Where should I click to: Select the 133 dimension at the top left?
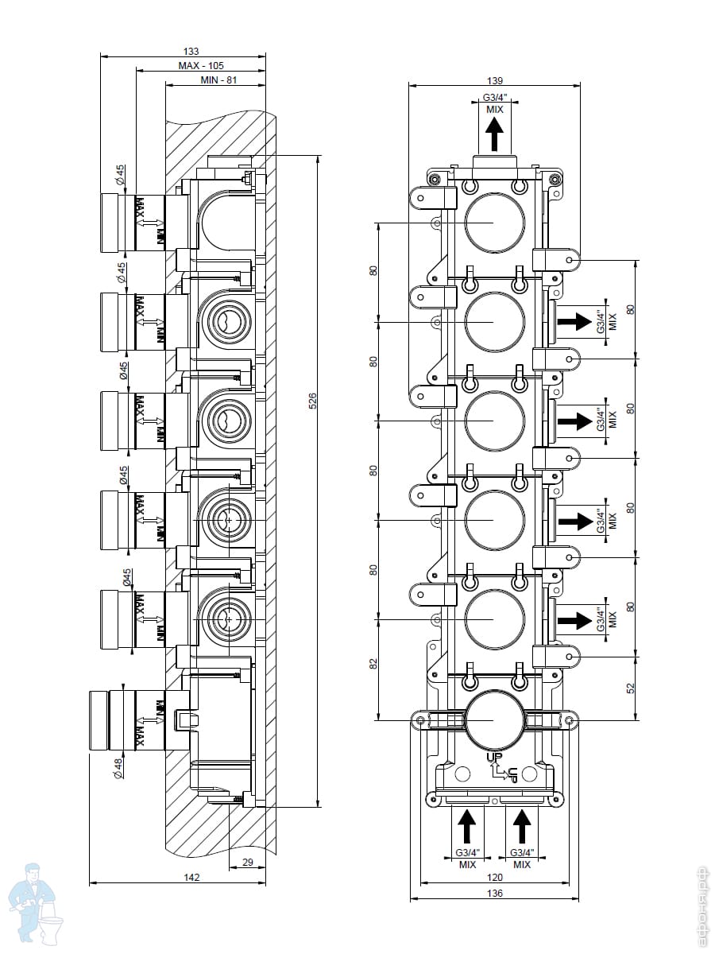pos(191,51)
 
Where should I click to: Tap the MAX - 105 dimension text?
pos(200,66)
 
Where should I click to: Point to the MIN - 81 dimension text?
pos(219,80)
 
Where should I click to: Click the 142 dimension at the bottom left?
pos(191,877)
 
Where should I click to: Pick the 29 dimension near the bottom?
pos(247,863)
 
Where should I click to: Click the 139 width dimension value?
pos(494,79)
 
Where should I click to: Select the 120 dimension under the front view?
pos(494,877)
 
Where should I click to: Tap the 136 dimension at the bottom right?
pos(494,893)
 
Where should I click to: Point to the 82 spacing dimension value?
pos(374,665)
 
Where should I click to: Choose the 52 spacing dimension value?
pos(630,687)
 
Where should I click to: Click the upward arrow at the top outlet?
pos(494,134)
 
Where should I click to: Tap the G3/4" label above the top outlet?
pos(494,99)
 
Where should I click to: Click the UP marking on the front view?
pos(494,758)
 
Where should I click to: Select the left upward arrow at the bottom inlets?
pos(467,827)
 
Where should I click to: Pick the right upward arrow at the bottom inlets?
pos(521,827)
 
